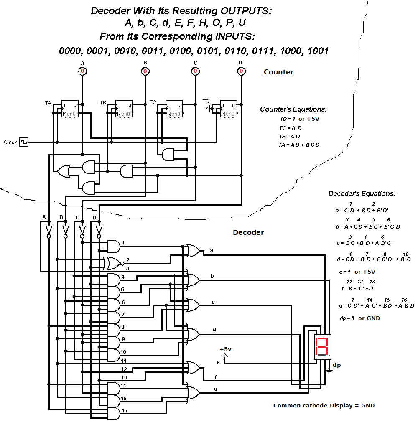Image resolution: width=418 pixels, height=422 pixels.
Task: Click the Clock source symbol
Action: pos(24,142)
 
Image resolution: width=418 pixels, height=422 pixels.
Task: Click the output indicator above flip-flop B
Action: pos(145,71)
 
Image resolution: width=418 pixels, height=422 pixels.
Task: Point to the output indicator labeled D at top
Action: pos(241,71)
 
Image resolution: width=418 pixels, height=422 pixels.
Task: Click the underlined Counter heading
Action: pos(278,72)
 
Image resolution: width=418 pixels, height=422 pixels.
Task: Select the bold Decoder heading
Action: pos(248,232)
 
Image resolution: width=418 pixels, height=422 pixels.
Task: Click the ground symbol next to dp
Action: pos(329,370)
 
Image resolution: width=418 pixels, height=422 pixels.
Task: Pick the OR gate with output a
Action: pos(193,251)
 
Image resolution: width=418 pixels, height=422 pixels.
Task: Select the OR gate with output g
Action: pos(193,393)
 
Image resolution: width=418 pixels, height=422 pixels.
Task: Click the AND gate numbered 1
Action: pos(113,247)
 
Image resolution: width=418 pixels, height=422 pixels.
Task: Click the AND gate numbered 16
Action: pos(113,414)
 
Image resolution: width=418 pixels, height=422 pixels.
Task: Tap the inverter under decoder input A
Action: pos(48,231)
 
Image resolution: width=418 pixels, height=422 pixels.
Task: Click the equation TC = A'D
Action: pos(290,128)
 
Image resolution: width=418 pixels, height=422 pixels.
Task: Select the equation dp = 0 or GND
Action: pos(360,318)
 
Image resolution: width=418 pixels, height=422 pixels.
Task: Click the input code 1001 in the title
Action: pos(318,51)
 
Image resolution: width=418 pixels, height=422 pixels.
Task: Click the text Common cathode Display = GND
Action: pos(324,405)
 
